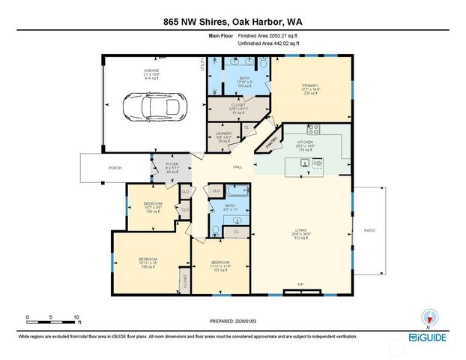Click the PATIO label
click(369, 230)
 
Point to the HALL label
click(237, 166)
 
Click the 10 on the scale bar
click(76, 317)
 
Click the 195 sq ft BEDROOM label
click(148, 262)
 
